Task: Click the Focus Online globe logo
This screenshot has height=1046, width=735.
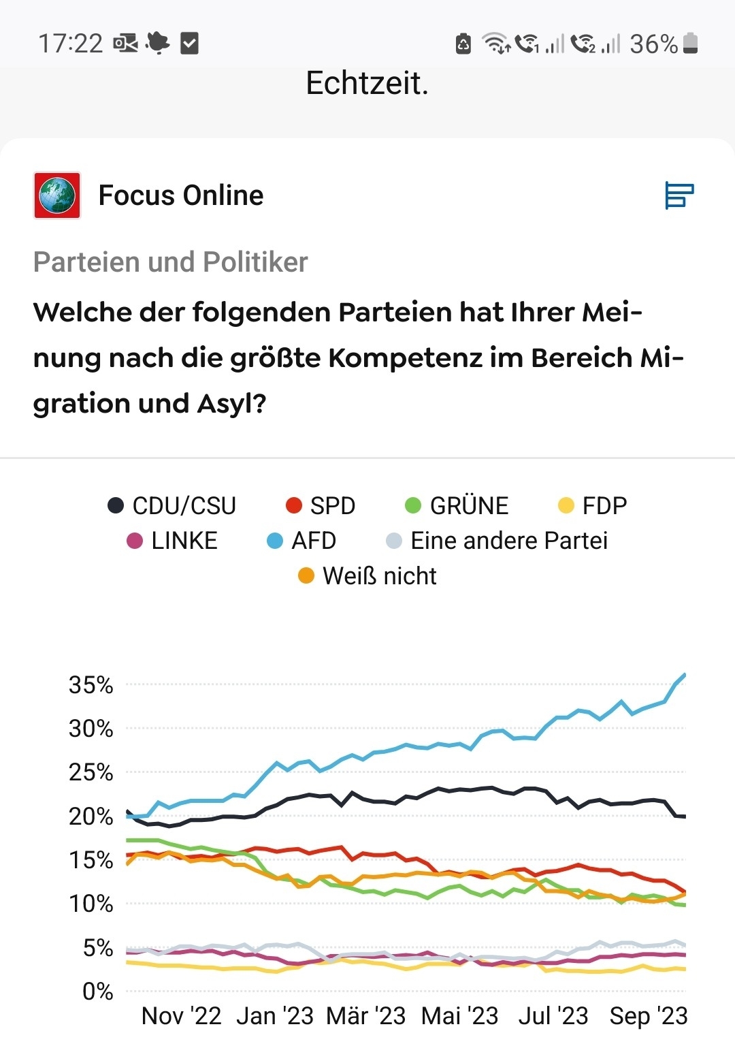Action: coord(57,195)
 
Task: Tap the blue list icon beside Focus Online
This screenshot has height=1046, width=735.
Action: coord(679,195)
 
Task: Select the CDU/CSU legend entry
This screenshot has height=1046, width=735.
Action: coord(171,505)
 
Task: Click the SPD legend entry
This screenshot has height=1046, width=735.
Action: coord(321,505)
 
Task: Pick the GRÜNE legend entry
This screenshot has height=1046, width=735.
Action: coord(457,505)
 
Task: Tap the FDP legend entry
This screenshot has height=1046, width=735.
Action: coord(592,505)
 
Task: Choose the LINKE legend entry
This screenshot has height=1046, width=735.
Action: coord(172,541)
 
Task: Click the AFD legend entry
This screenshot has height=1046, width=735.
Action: coord(301,541)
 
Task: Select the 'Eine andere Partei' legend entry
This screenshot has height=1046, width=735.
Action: coord(497,541)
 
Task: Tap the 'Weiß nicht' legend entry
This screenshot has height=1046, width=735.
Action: coord(367,576)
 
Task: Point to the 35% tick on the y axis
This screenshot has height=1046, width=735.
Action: coord(91,685)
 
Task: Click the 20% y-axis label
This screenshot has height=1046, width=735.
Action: coord(91,817)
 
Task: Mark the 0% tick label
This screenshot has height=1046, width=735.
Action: coord(97,992)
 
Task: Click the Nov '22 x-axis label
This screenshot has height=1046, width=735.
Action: coord(181,1016)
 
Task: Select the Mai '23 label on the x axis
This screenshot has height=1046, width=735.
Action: coord(460,1016)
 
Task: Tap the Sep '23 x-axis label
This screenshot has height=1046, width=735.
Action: coord(649,1016)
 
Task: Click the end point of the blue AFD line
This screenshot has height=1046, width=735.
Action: coord(685,674)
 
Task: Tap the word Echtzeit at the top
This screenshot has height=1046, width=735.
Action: coord(367,83)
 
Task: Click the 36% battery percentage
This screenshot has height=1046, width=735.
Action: coord(653,44)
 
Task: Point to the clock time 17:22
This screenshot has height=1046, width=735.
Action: coord(70,44)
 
